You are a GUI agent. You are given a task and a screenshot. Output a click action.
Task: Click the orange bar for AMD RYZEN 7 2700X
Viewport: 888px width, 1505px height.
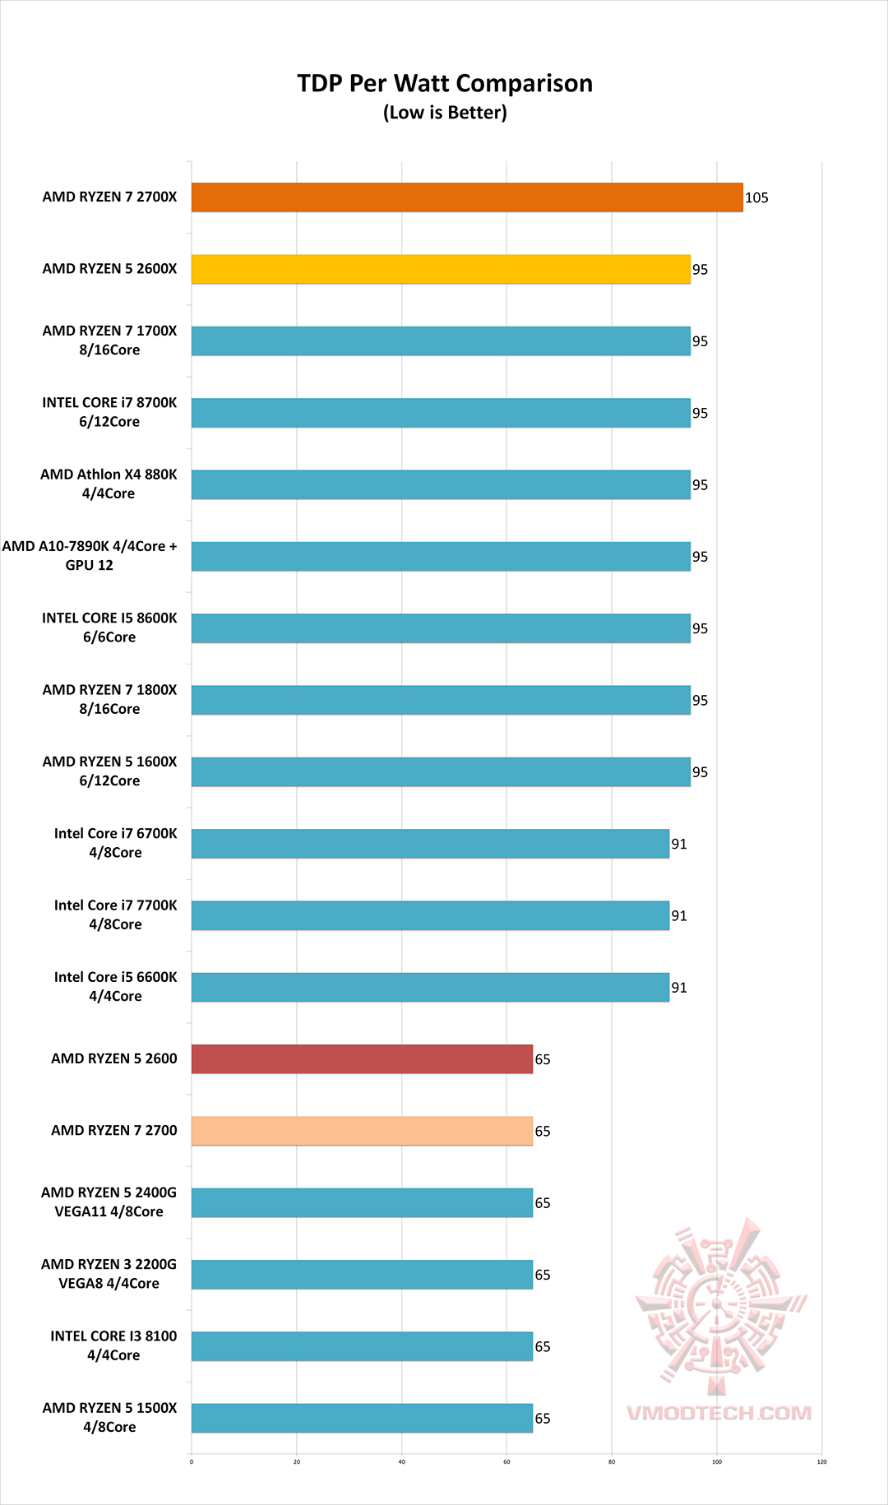tap(467, 197)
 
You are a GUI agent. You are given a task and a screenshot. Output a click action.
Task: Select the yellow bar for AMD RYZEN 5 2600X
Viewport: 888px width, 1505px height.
tap(441, 269)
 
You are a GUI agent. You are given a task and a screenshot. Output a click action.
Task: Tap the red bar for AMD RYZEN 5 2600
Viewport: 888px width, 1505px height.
tap(362, 1059)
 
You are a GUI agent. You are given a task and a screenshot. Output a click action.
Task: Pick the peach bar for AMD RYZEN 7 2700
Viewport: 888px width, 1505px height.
tap(362, 1131)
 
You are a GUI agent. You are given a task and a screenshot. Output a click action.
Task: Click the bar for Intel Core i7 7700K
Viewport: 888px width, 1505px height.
tap(430, 915)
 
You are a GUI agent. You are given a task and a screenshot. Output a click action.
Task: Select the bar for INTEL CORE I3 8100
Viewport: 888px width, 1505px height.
tap(362, 1346)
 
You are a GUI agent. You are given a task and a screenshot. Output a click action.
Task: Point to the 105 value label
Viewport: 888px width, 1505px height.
tap(756, 197)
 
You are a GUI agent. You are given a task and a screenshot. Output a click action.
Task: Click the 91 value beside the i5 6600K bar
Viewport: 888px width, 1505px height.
tap(679, 988)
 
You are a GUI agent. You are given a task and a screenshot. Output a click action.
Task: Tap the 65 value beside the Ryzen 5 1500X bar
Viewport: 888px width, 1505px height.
tap(543, 1419)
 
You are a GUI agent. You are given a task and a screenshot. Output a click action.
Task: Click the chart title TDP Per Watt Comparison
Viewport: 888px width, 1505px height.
tap(445, 83)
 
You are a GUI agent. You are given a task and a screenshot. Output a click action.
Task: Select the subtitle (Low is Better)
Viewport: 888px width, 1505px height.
tap(445, 113)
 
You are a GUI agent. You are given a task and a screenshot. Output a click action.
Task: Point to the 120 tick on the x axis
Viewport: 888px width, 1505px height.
tap(821, 1461)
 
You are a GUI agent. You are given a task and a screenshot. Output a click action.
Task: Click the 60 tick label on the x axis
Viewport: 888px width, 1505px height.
tap(506, 1461)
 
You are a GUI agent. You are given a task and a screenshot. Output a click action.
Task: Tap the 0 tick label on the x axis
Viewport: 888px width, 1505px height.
tap(192, 1461)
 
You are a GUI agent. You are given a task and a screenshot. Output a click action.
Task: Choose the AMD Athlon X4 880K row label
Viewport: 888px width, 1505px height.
tap(109, 484)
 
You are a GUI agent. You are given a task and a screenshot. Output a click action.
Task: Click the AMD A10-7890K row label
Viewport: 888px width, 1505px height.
tap(90, 555)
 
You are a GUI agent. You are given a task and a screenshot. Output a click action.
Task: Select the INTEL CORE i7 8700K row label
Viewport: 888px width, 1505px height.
tap(109, 412)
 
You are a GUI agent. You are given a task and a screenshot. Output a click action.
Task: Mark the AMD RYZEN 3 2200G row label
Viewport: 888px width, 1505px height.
tap(109, 1274)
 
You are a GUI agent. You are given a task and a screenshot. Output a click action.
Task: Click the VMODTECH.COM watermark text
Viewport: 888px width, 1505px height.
tap(719, 1413)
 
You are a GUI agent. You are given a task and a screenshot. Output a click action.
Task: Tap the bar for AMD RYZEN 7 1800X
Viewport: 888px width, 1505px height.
tap(441, 700)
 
